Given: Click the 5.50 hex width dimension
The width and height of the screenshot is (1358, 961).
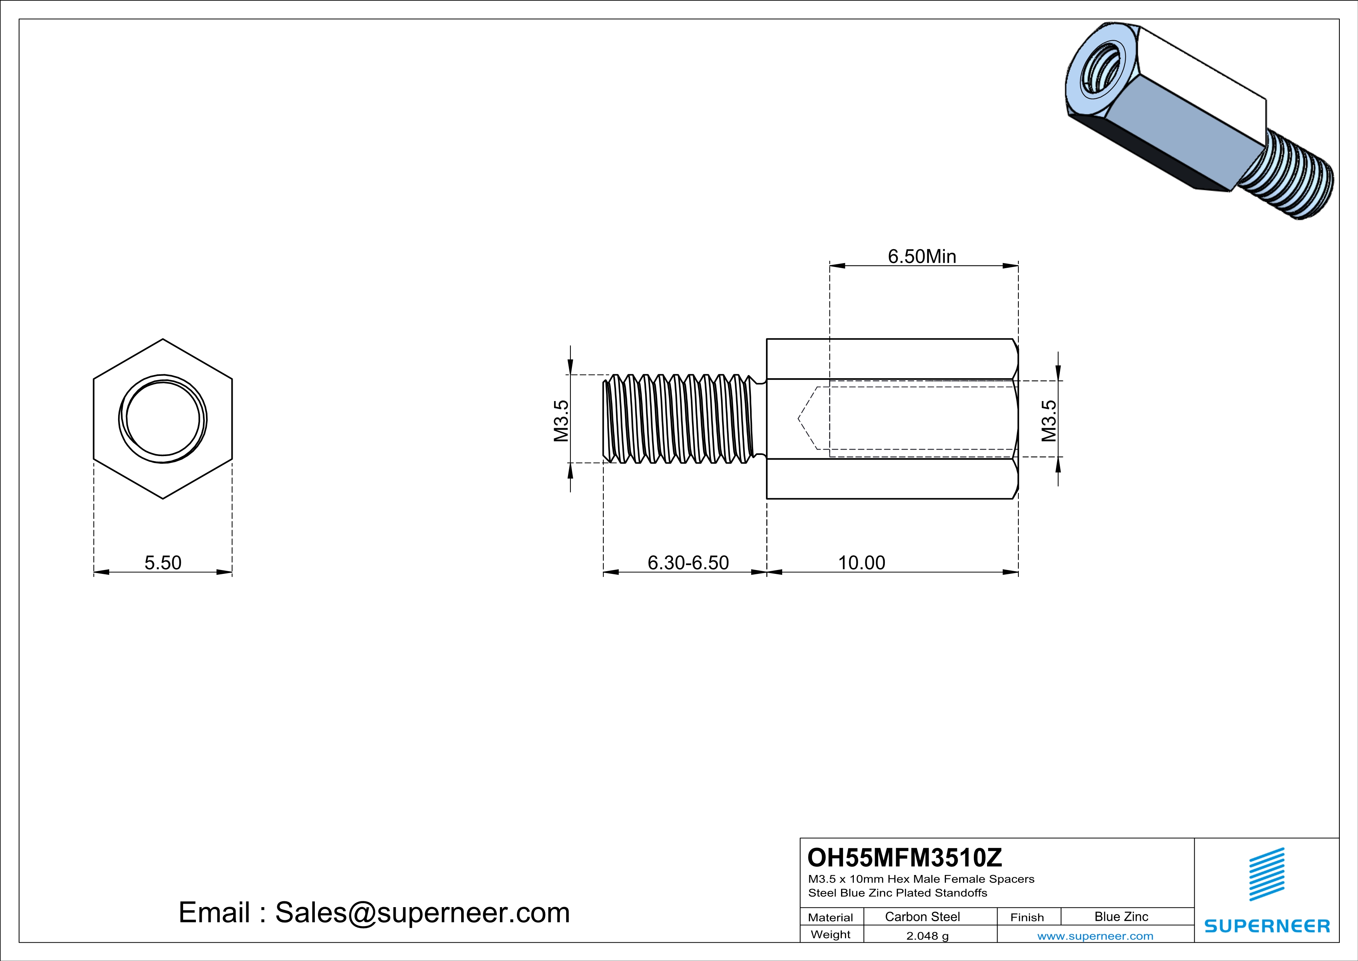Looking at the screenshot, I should tap(163, 562).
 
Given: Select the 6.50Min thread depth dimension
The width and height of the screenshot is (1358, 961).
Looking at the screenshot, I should tap(922, 256).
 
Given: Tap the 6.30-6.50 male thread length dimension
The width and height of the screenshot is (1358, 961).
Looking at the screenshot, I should tap(688, 562).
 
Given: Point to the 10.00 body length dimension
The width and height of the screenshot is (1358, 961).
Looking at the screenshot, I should tap(861, 562).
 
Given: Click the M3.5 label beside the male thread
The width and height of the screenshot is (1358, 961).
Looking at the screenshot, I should tap(561, 421).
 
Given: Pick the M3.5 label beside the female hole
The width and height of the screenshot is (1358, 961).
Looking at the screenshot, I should tap(1048, 421).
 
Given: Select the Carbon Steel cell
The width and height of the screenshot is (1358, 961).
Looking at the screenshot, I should tap(922, 916).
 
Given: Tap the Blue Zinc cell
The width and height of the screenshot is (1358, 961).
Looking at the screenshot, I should tap(1121, 916).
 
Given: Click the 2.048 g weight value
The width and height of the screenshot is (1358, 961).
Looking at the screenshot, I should tap(927, 935).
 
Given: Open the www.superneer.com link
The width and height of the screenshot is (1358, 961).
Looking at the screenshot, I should tap(1095, 935).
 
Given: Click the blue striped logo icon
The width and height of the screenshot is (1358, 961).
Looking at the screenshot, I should tap(1266, 874).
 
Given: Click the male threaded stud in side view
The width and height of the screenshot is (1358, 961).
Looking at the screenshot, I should tap(680, 419).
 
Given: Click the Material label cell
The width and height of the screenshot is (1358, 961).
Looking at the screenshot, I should tap(831, 917).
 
